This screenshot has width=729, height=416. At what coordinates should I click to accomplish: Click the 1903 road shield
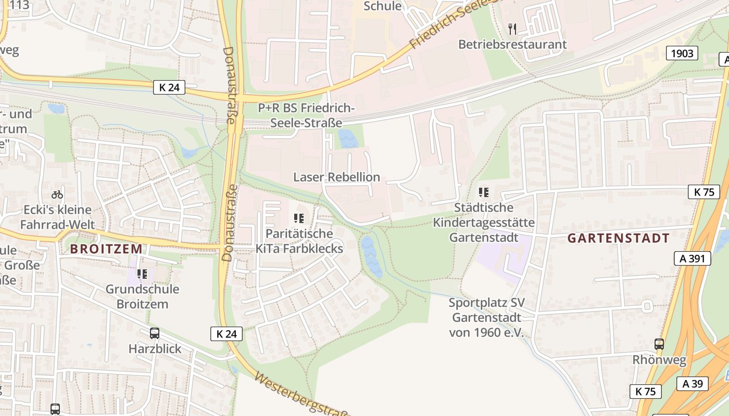coord(682,53)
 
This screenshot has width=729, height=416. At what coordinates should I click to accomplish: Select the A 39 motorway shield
coord(693,384)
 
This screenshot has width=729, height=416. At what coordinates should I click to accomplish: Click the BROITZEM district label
coord(106,249)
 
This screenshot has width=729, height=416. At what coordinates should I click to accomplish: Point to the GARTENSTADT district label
coord(618,239)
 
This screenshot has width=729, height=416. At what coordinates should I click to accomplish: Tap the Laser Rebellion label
coord(336,177)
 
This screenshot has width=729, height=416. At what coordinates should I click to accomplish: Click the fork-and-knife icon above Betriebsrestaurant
coord(512,28)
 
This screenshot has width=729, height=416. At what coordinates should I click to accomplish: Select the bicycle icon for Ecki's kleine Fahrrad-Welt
coord(57,194)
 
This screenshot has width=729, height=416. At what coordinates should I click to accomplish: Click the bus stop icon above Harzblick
coord(155,333)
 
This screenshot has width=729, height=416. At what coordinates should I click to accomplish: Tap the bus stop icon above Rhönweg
coord(659,344)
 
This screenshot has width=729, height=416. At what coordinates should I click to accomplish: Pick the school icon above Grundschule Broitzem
coord(142,274)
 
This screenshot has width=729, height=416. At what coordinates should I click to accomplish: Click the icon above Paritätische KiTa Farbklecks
coord(299,218)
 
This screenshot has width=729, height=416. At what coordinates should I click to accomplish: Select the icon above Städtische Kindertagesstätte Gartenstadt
coord(484,192)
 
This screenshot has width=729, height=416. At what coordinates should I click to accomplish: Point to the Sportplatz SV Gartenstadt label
coord(486,318)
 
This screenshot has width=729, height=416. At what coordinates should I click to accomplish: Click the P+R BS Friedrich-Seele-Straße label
coord(307,115)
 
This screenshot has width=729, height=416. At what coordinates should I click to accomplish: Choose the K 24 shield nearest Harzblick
coord(227,334)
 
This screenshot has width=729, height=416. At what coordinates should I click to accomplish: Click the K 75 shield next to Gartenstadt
coord(703,192)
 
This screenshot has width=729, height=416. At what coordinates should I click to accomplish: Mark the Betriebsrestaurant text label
coord(512,44)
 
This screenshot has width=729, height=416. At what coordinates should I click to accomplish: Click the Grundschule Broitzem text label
coord(142,296)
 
